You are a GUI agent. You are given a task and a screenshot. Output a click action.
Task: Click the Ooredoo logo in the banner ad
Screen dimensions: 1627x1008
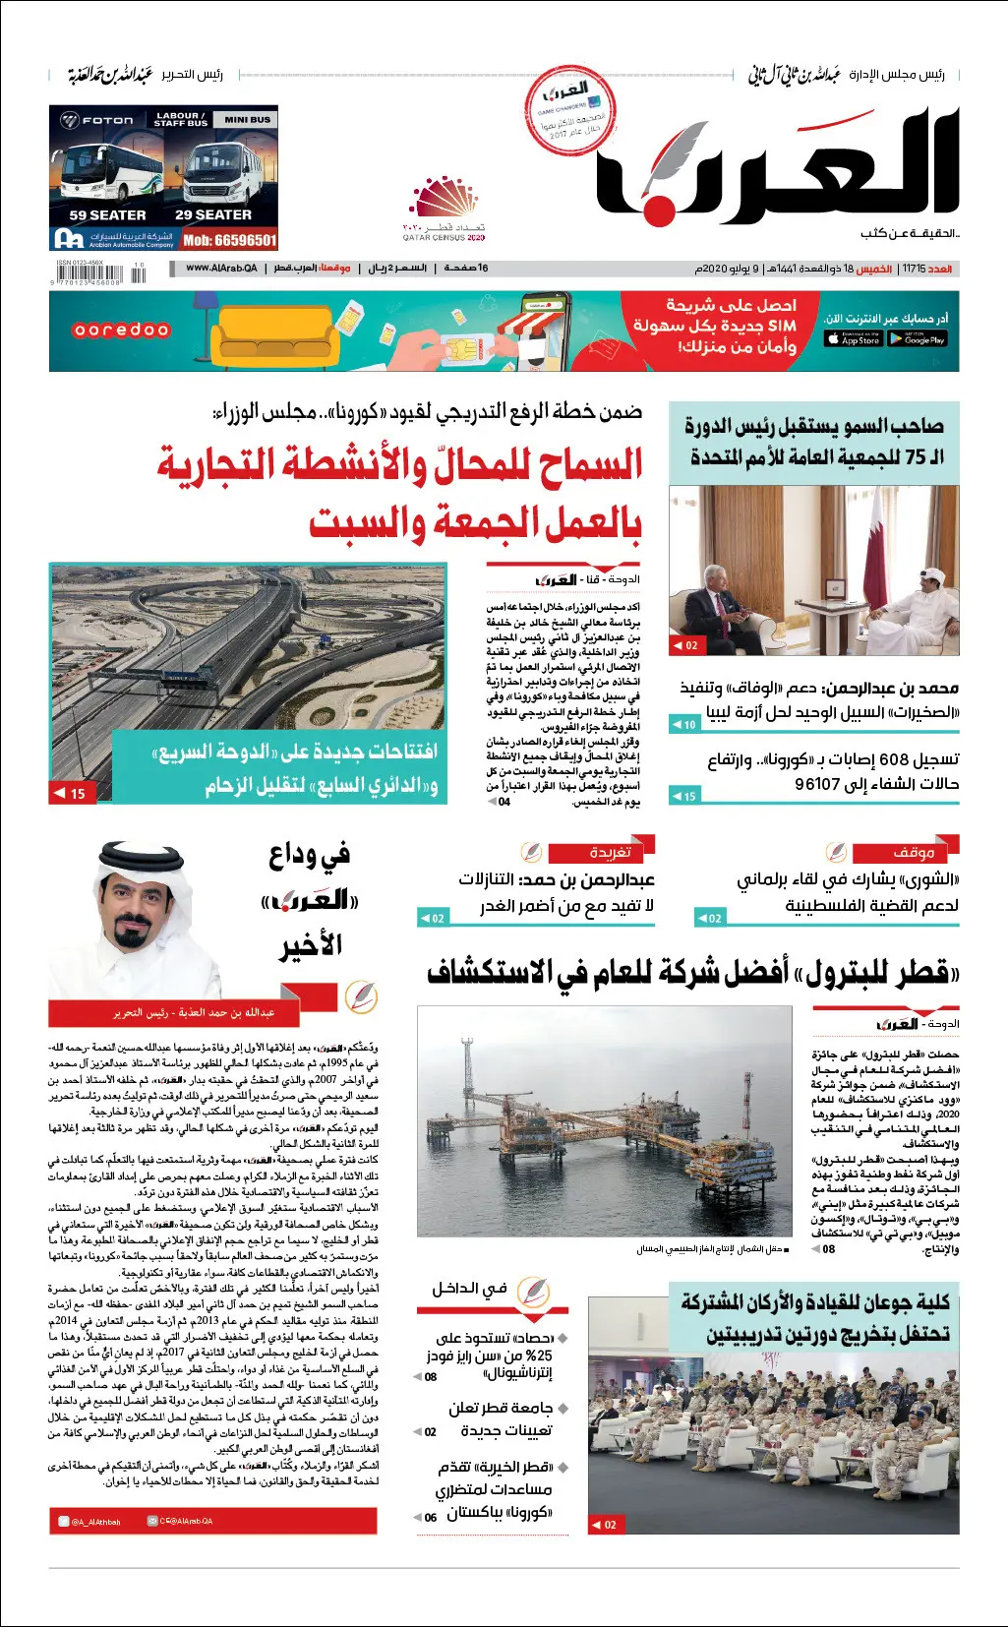(x=122, y=331)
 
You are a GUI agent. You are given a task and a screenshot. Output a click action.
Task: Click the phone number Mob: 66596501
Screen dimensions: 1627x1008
(x=229, y=240)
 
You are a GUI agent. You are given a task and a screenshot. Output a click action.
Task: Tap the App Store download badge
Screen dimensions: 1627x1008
(x=853, y=339)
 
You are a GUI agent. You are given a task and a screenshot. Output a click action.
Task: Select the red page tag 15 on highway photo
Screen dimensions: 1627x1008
(x=72, y=793)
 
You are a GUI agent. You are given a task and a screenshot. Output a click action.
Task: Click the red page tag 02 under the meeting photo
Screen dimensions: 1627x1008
(x=685, y=645)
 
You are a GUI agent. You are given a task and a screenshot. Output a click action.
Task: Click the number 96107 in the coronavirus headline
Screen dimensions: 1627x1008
(x=818, y=784)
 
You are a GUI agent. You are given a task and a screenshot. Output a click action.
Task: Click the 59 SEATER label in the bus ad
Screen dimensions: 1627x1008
(x=107, y=214)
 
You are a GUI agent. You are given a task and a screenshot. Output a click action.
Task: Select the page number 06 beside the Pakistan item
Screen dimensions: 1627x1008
(x=431, y=1517)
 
